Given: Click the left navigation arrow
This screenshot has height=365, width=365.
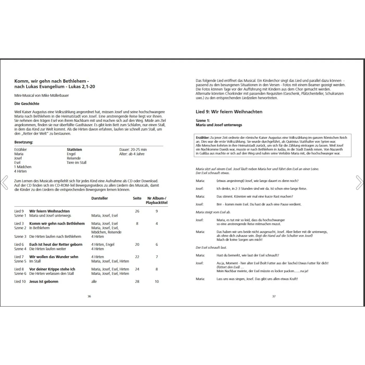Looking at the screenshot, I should tap(4, 182).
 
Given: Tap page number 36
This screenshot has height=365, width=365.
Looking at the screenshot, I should tap(89, 296).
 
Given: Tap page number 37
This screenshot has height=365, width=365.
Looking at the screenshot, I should tap(274, 296).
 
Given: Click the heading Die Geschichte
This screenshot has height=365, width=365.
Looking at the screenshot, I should tap(27, 104).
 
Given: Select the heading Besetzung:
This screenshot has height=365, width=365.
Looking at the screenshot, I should tap(24, 142).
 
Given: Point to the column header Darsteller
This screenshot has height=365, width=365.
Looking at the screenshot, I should tap(99, 198).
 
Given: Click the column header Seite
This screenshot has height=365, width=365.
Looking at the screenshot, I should tap(137, 198).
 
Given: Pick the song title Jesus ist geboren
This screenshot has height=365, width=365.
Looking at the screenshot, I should tap(44, 281).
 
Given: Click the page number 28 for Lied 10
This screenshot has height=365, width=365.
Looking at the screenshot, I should tap(137, 281).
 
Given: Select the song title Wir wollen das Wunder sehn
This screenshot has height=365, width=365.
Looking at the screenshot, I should tap(54, 257).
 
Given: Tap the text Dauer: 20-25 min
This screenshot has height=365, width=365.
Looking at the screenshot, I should tap(133, 150).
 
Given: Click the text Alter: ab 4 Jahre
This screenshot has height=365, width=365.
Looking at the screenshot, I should tap(132, 154).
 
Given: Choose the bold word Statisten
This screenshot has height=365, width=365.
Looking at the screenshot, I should tap(74, 150).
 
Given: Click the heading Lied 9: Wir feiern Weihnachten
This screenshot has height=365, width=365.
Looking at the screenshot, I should tap(229, 112).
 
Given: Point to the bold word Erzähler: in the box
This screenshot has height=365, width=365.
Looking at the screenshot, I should tap(203, 137).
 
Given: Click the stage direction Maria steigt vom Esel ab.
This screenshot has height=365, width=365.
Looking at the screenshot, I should tap(213, 212).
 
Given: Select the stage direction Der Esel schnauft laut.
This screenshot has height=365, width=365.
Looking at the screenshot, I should tap(211, 247).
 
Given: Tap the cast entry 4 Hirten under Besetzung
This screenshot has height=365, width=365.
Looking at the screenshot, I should tap(20, 171).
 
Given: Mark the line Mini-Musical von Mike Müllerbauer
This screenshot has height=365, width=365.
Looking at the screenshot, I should tap(41, 95).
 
